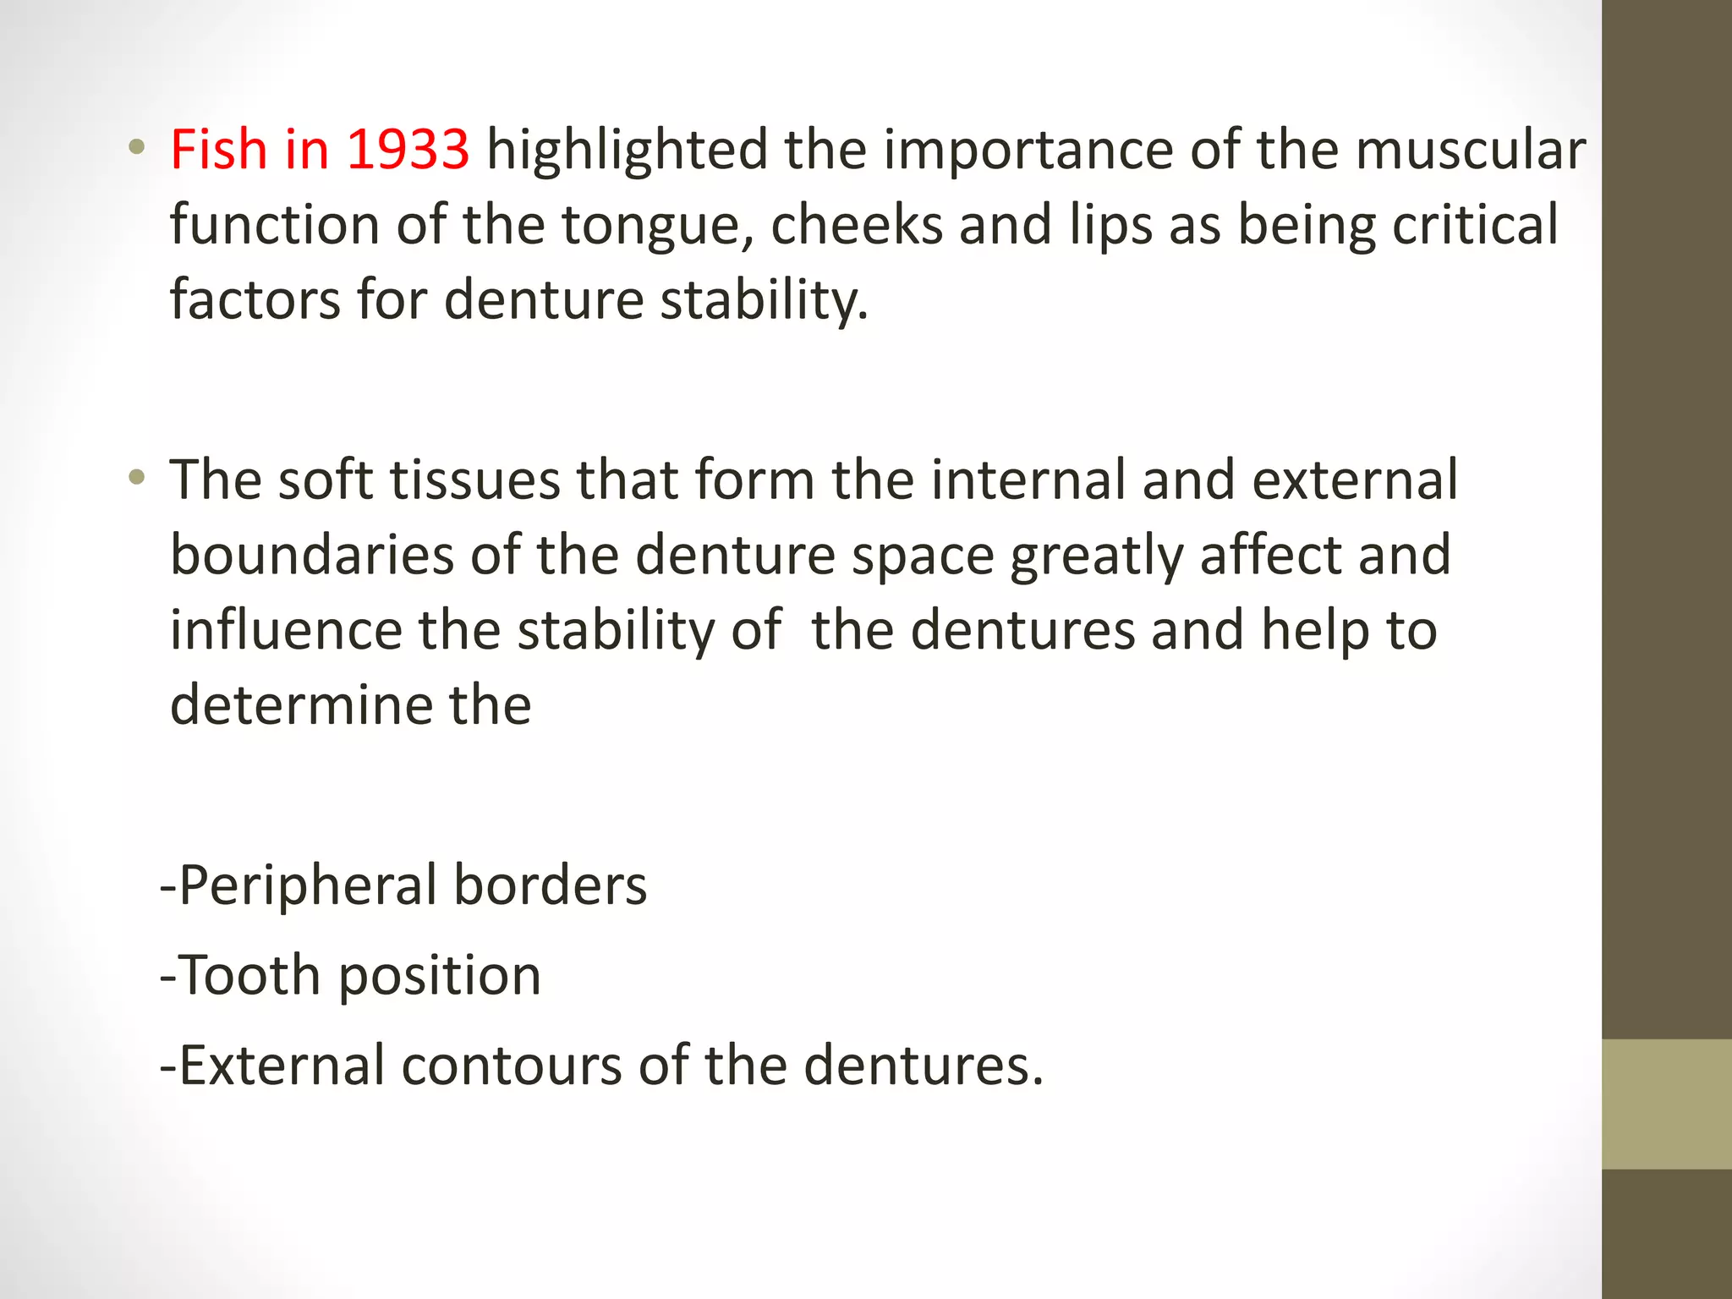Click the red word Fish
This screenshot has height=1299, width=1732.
[219, 150]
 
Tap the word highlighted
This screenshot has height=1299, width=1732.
[627, 150]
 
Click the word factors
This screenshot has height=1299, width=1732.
[255, 300]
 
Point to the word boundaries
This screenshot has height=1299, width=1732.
[313, 556]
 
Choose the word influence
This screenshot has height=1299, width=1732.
[286, 631]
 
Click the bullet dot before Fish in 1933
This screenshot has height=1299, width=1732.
[136, 149]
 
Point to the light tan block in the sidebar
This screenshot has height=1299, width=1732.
[1666, 1104]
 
